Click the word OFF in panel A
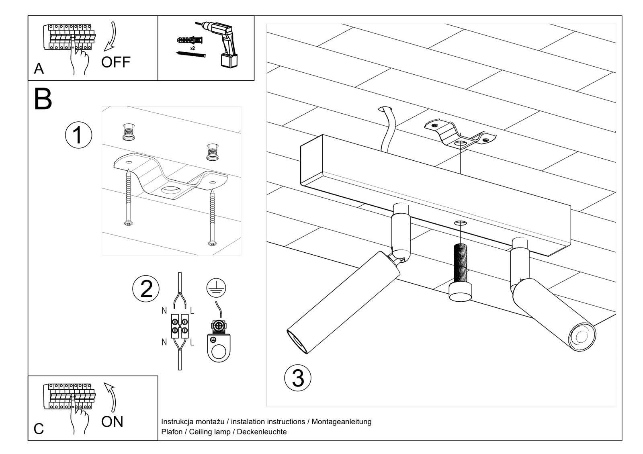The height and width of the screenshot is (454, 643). (x=116, y=62)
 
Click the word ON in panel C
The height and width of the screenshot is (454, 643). (x=112, y=421)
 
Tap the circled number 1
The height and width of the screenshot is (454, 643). (x=78, y=135)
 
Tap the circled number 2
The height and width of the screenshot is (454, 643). (x=146, y=289)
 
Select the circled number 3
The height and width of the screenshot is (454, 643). (x=298, y=378)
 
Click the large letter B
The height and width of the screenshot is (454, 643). (x=43, y=99)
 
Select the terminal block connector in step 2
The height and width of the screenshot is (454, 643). (x=180, y=325)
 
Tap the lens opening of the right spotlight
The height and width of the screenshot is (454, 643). (x=581, y=335)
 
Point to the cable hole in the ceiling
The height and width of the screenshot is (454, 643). (x=386, y=109)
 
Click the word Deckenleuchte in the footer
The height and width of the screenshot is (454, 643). (x=262, y=432)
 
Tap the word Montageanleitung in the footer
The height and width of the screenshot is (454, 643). (x=341, y=421)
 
